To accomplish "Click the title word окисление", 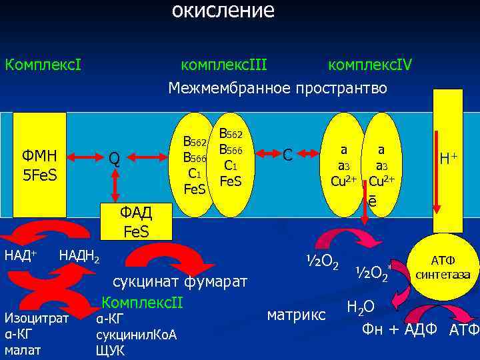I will click(x=223, y=11).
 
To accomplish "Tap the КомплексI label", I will click(x=43, y=65).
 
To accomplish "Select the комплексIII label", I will click(x=224, y=65).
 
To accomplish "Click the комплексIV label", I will click(x=370, y=65).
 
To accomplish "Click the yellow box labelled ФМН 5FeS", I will click(x=40, y=165).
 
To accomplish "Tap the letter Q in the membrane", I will click(x=115, y=159).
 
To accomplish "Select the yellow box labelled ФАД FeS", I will click(x=136, y=222).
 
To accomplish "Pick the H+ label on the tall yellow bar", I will click(x=448, y=159).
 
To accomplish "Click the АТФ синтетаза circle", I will click(x=443, y=267).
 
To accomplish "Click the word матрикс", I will click(x=296, y=313).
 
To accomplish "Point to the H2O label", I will click(x=361, y=307).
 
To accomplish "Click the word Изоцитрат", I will click(x=36, y=318).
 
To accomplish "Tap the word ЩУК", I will click(x=110, y=350).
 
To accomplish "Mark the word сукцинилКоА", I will click(x=136, y=334).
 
